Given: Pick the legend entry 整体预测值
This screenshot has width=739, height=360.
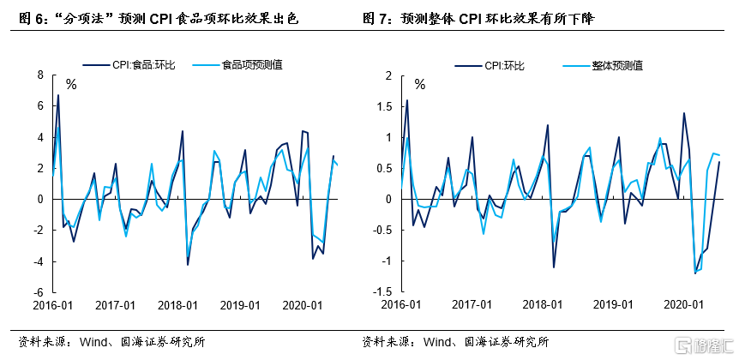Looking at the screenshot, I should pos(616,64).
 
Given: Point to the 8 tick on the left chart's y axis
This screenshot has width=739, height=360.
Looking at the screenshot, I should pos(39,75).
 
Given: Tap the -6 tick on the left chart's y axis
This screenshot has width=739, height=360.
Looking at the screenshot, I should pos(38,291).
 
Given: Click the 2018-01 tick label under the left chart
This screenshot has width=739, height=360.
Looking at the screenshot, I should pos(179,305).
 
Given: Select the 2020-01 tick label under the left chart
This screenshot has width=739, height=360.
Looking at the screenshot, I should pos(303,305).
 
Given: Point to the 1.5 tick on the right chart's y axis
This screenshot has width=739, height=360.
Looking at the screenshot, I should pos(384,106).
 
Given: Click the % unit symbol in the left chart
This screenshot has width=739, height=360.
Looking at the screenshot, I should pos(71,85).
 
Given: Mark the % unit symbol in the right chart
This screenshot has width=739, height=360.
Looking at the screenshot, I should pos(420,85).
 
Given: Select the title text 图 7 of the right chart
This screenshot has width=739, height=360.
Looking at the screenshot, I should pos(375,16).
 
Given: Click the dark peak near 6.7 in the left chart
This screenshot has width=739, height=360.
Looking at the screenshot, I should pos(57,95).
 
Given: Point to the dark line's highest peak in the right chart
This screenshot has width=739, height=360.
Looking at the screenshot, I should pos(406,100).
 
